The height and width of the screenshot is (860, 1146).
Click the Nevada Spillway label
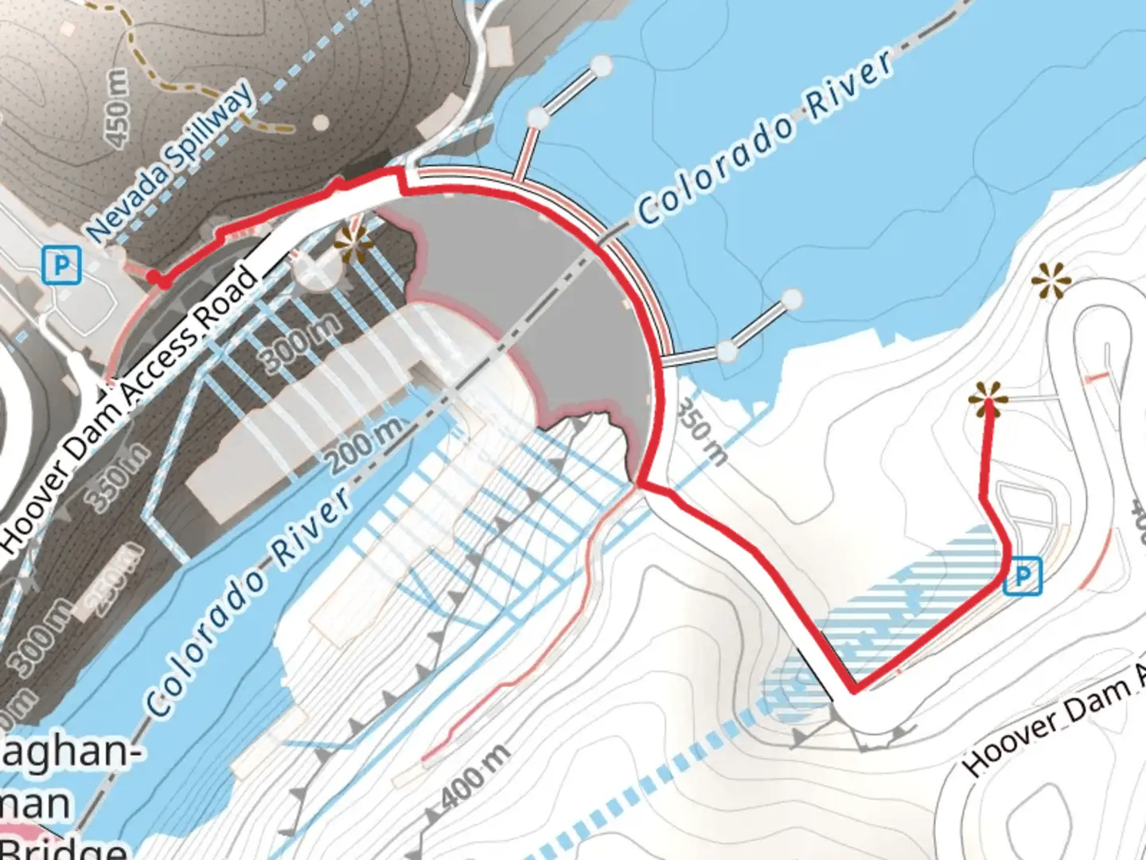click(x=172, y=161)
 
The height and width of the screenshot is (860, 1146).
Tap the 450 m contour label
click(x=117, y=108)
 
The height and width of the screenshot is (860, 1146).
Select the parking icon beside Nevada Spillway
click(x=61, y=265)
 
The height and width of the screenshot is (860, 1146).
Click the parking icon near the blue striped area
click(x=1022, y=575)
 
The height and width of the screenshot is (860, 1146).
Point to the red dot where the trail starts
click(x=162, y=280)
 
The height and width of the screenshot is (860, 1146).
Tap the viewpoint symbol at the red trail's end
click(x=988, y=397)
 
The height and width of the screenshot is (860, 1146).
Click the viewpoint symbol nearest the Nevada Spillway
click(x=353, y=244)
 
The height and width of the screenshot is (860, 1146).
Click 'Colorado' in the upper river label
click(x=715, y=170)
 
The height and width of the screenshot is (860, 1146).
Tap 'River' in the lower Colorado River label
click(x=312, y=526)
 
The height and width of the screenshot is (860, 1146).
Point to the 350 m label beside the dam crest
click(x=701, y=432)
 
